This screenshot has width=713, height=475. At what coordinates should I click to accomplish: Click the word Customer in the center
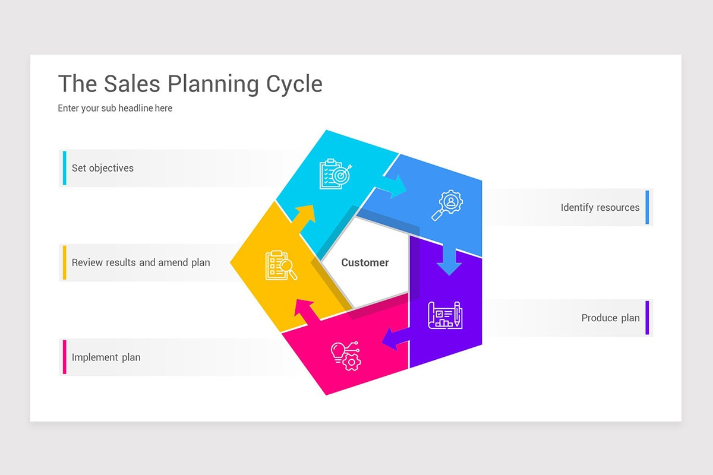[x=365, y=262]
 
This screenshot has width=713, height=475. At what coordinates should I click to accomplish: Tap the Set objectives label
[x=103, y=168]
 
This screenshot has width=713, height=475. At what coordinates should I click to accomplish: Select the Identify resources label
[x=600, y=208]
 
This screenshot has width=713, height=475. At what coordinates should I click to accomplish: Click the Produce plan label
[x=610, y=318]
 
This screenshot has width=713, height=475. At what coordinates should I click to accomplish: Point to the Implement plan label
[x=106, y=357]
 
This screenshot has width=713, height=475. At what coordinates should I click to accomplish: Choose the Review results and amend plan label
[x=141, y=262]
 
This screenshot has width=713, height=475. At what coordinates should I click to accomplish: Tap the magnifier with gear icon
[x=447, y=205]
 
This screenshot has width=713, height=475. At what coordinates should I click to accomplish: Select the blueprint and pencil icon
[x=445, y=315]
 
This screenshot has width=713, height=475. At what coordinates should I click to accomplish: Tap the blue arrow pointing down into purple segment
[x=450, y=261]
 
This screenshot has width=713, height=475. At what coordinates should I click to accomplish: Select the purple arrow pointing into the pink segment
[x=395, y=339]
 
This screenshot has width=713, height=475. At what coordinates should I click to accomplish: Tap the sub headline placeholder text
[x=115, y=108]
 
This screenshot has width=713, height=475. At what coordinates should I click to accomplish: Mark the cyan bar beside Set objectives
[x=64, y=168]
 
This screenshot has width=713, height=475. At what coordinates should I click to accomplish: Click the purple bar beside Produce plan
[x=647, y=318]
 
